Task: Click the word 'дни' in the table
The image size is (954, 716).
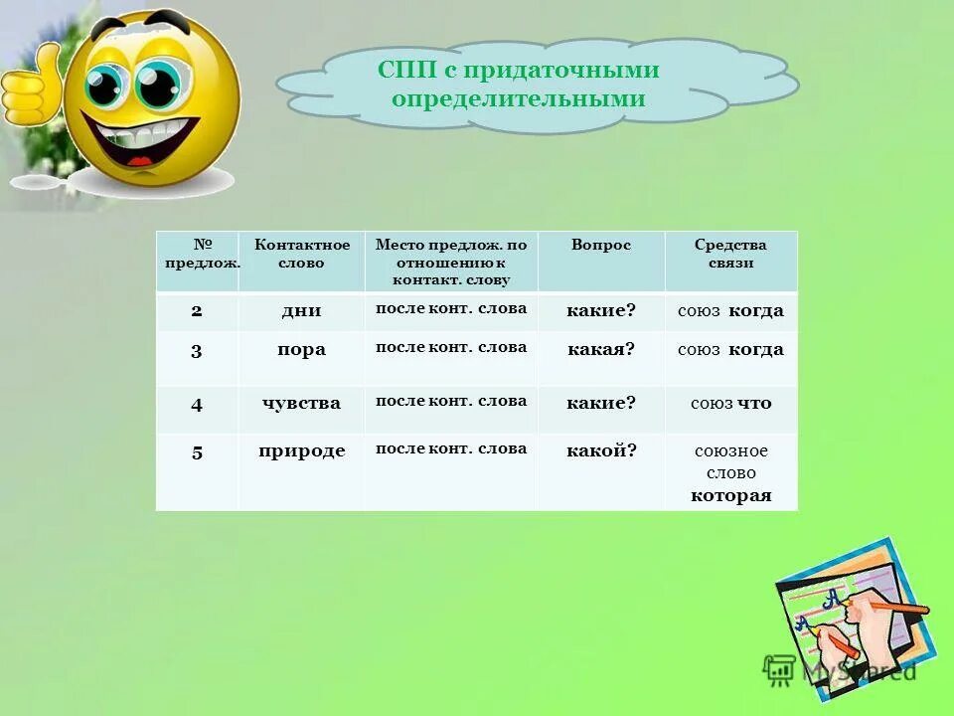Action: (x=301, y=310)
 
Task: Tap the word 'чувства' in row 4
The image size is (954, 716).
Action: (x=301, y=403)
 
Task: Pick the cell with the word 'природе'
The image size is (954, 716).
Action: (x=301, y=450)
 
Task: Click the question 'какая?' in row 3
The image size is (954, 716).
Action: (x=601, y=349)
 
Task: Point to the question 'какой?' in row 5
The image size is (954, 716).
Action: (x=601, y=450)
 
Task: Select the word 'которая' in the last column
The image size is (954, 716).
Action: (x=731, y=495)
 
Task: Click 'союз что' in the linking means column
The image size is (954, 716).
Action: (x=731, y=403)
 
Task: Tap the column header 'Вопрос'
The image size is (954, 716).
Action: (x=601, y=245)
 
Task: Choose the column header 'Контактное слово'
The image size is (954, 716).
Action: (x=302, y=254)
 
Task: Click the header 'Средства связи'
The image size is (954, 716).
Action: (x=731, y=254)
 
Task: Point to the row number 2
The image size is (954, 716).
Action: (x=197, y=310)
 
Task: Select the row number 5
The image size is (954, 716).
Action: (x=197, y=451)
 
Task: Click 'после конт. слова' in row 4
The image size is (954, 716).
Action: (x=451, y=401)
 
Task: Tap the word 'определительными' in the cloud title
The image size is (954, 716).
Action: (x=518, y=99)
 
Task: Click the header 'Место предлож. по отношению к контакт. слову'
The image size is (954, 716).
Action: (x=451, y=263)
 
